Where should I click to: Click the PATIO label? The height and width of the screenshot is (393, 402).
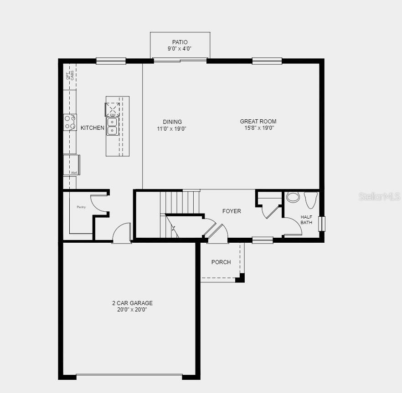click(x=180, y=42)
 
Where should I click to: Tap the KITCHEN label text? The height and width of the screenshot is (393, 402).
click(x=93, y=128)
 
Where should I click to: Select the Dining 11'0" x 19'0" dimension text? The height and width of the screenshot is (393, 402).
click(x=172, y=129)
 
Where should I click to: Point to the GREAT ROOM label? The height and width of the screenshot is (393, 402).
click(x=258, y=122)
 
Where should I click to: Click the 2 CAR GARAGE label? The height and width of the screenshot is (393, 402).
click(x=132, y=303)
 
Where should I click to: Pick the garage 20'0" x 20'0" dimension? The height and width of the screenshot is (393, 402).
click(x=132, y=310)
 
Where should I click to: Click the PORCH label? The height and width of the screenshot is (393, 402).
click(x=221, y=262)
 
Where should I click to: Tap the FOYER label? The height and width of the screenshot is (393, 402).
click(x=232, y=211)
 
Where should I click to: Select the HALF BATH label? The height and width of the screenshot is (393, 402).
click(x=306, y=219)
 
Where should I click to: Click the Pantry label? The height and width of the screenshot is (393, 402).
click(x=81, y=207)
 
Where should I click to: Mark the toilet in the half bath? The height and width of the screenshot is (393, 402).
click(x=310, y=199)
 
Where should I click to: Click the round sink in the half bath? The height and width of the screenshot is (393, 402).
click(x=293, y=197)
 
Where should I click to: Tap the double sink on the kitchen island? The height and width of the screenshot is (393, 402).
click(x=112, y=127)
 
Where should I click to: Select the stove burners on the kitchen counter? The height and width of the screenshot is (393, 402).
click(x=70, y=122)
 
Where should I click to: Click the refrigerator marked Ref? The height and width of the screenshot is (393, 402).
click(x=72, y=165)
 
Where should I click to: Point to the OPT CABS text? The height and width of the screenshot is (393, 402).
click(x=70, y=76)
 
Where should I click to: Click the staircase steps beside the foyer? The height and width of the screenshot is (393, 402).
click(x=180, y=201)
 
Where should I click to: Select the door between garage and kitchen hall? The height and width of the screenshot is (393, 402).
click(x=122, y=233)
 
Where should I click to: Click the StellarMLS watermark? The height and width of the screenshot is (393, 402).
click(x=379, y=196)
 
